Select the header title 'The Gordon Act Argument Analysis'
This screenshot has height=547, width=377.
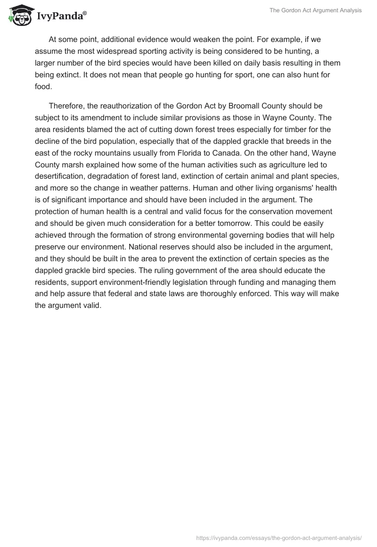(315, 11)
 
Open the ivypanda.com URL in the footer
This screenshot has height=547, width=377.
(279, 537)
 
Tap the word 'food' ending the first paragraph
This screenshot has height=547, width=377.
(42, 86)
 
